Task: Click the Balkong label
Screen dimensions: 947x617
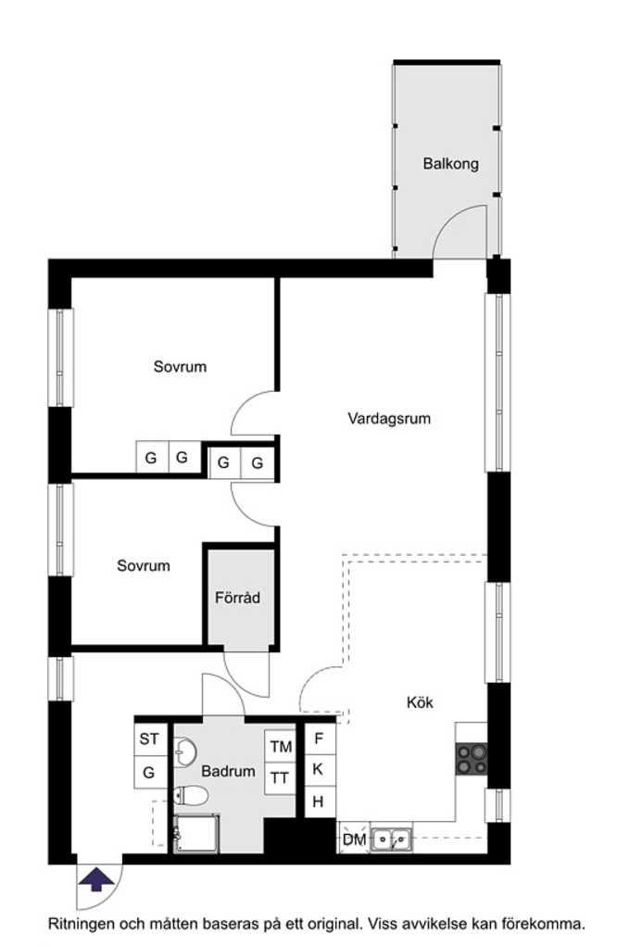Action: pyautogui.click(x=450, y=164)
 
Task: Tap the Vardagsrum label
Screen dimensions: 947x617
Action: pyautogui.click(x=389, y=418)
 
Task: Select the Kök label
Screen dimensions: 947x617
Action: pyautogui.click(x=420, y=702)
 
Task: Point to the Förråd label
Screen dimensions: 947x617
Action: pyautogui.click(x=238, y=598)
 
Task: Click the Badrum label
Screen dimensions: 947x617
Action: pyautogui.click(x=227, y=771)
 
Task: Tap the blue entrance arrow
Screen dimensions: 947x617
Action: pyautogui.click(x=98, y=878)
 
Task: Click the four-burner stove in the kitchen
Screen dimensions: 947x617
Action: pyautogui.click(x=471, y=760)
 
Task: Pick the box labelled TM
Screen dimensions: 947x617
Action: pyautogui.click(x=280, y=747)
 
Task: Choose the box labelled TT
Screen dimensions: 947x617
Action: pyautogui.click(x=280, y=778)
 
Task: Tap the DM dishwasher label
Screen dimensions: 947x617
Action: pyautogui.click(x=353, y=840)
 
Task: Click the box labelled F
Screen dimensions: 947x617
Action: pyautogui.click(x=319, y=739)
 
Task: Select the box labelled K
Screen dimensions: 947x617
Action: pyautogui.click(x=319, y=769)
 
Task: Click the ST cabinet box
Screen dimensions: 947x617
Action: pyautogui.click(x=149, y=739)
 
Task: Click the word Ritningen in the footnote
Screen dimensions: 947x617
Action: pyautogui.click(x=82, y=924)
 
